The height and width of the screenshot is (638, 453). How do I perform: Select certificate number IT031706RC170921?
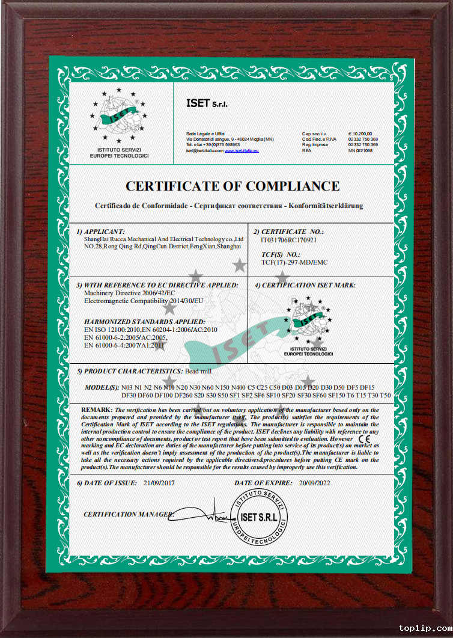tap(289, 239)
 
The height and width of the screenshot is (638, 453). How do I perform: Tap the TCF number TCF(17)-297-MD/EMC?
tap(294, 262)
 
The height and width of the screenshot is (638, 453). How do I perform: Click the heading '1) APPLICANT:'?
tap(101, 232)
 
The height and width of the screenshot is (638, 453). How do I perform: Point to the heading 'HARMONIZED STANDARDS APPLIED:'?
tap(144, 322)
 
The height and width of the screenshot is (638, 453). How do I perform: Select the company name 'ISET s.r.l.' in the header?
tap(203, 103)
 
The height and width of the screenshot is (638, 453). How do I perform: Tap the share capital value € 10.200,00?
tap(360, 133)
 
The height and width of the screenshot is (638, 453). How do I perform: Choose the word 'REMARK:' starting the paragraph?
tap(97, 409)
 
